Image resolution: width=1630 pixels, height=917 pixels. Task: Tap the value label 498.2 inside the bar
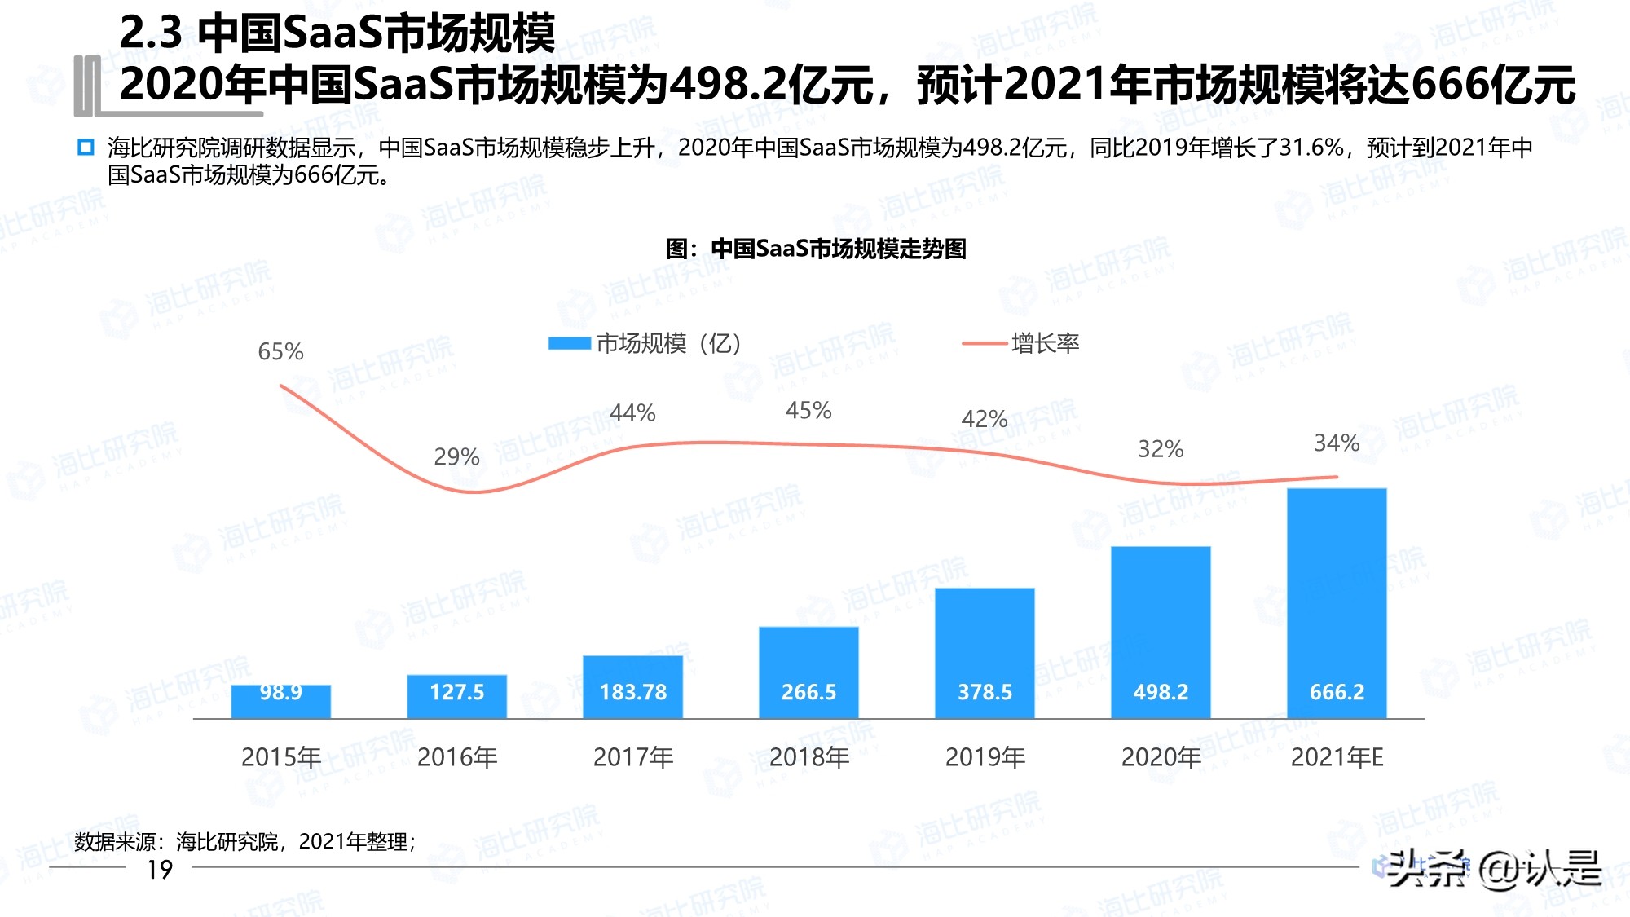tap(1161, 692)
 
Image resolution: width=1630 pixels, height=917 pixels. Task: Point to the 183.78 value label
tap(633, 692)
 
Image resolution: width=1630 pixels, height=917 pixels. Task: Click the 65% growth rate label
tap(280, 351)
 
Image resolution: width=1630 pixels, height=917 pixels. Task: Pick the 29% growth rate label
tap(456, 456)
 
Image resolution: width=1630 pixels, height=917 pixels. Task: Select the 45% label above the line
tap(808, 410)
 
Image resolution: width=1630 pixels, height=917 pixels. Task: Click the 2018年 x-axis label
tap(808, 757)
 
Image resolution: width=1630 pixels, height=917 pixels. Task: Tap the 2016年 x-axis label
tap(456, 757)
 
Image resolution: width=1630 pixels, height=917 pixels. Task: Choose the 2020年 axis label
tap(1161, 757)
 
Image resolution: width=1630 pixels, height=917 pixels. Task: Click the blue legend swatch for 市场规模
tap(569, 343)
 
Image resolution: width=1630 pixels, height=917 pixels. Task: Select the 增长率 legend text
tap(1045, 343)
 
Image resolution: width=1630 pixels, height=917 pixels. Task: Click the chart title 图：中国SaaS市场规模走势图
tap(816, 249)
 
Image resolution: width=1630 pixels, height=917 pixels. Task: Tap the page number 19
tap(160, 870)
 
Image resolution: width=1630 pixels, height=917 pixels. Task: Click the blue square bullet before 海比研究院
tap(86, 148)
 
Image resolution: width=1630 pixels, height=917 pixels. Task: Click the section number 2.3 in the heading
tap(151, 33)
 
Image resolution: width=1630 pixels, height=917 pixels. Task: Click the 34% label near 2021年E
tap(1337, 443)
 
